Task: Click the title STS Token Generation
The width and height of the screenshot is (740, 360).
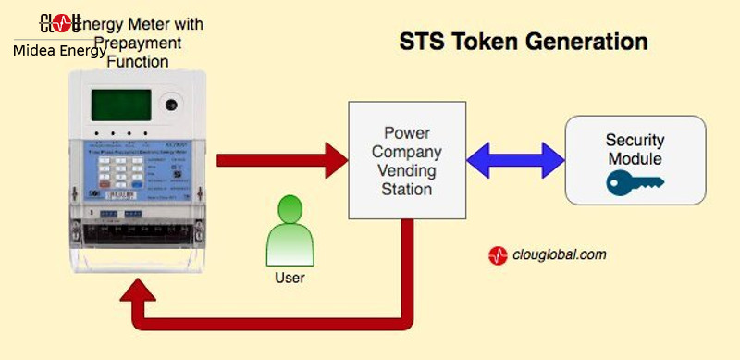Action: click(x=523, y=43)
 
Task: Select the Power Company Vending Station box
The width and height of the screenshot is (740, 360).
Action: click(x=407, y=162)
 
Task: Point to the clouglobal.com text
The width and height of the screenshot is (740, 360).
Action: click(x=560, y=254)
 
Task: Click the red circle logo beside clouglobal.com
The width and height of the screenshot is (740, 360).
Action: click(x=499, y=256)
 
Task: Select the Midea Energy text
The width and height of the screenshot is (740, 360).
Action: click(x=59, y=51)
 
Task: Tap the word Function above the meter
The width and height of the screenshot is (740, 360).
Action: click(x=137, y=61)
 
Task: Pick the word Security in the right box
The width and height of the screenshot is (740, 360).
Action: click(x=635, y=141)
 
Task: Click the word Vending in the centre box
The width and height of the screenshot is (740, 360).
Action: click(x=407, y=171)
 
